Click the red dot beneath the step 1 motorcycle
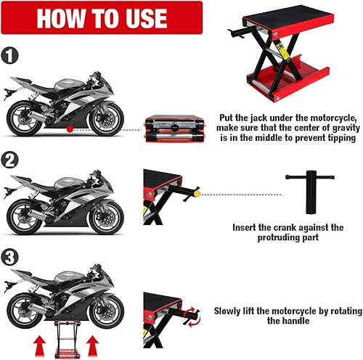click(68, 129)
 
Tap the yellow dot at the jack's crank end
click(207, 195)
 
